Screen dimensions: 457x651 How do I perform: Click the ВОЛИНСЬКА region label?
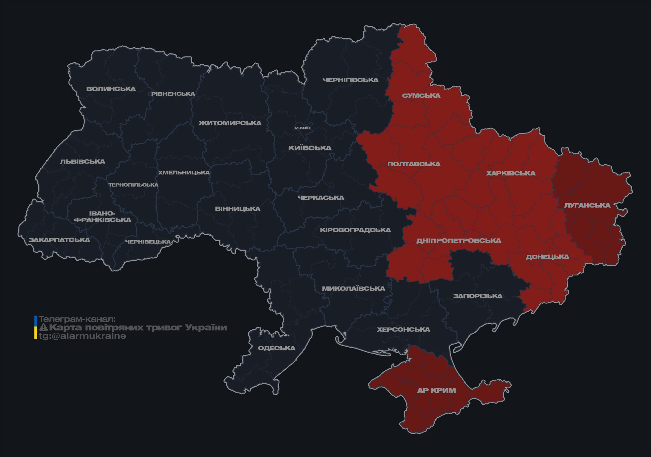click(x=111, y=89)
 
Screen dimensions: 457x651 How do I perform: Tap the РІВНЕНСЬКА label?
click(x=173, y=94)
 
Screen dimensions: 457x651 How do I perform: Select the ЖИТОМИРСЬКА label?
click(x=230, y=123)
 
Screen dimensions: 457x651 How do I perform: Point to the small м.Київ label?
click(x=303, y=128)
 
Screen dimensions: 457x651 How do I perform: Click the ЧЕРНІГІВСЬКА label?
click(x=350, y=80)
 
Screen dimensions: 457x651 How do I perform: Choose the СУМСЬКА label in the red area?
click(x=421, y=96)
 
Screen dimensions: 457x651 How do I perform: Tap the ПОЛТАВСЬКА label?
click(x=414, y=164)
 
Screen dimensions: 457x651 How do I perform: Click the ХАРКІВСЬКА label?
click(x=511, y=173)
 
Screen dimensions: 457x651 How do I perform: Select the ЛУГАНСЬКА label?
click(x=587, y=206)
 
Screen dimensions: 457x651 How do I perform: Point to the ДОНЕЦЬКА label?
click(x=547, y=257)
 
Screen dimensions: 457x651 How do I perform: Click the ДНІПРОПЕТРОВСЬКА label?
click(x=458, y=241)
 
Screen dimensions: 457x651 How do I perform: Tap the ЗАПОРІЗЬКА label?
click(x=478, y=296)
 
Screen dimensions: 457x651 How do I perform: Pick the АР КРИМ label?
click(x=436, y=391)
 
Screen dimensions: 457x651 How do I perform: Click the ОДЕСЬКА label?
click(x=276, y=348)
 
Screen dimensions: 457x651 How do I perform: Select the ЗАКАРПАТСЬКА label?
click(x=59, y=240)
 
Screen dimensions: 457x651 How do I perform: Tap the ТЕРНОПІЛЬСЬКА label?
click(x=133, y=185)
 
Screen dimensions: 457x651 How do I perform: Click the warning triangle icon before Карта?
click(x=43, y=328)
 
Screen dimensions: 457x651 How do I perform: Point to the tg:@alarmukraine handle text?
click(x=82, y=336)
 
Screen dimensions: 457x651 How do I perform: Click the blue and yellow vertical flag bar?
click(x=36, y=327)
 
